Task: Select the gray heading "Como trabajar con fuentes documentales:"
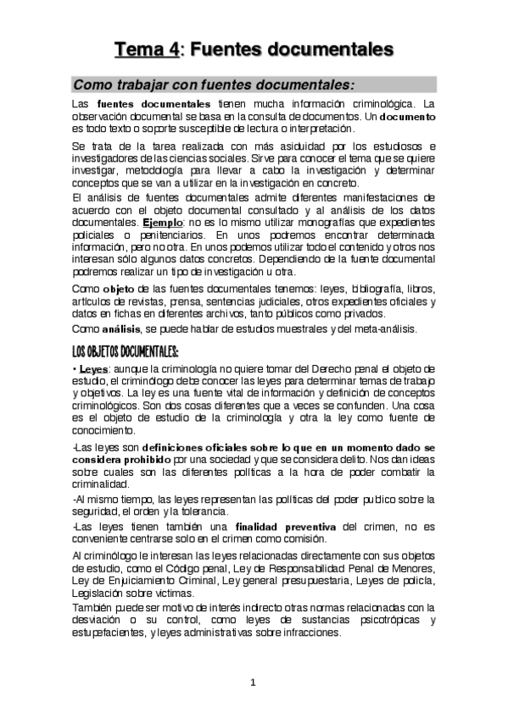(214, 85)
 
